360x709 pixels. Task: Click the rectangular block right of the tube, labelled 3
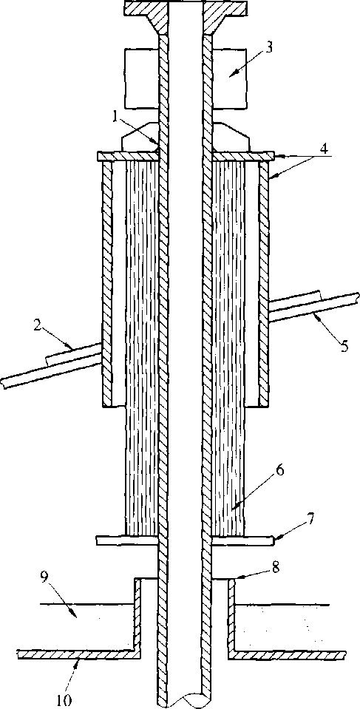click(230, 78)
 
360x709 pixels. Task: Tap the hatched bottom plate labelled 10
click(181, 655)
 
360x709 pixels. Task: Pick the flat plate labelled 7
click(185, 540)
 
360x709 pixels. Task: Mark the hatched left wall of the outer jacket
click(107, 283)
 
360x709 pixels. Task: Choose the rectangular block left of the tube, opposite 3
click(140, 78)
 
